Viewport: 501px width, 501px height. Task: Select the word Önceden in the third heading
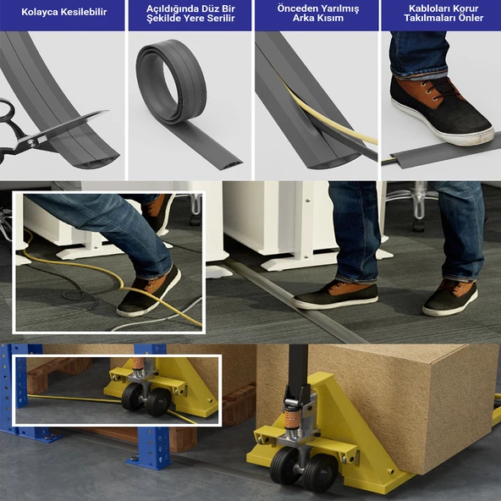point(295,8)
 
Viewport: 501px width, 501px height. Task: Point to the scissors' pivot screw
point(33,140)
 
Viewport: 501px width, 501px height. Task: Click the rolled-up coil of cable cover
point(171,81)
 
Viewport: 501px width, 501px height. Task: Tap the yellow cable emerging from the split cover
point(326,116)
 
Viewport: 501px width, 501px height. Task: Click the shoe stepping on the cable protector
point(442,111)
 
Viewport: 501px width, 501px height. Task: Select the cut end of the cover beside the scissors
point(96,162)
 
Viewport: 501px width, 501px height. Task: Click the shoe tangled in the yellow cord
point(150,293)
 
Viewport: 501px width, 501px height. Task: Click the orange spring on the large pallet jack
point(291,419)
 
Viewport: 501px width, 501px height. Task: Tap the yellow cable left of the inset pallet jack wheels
point(74,399)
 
